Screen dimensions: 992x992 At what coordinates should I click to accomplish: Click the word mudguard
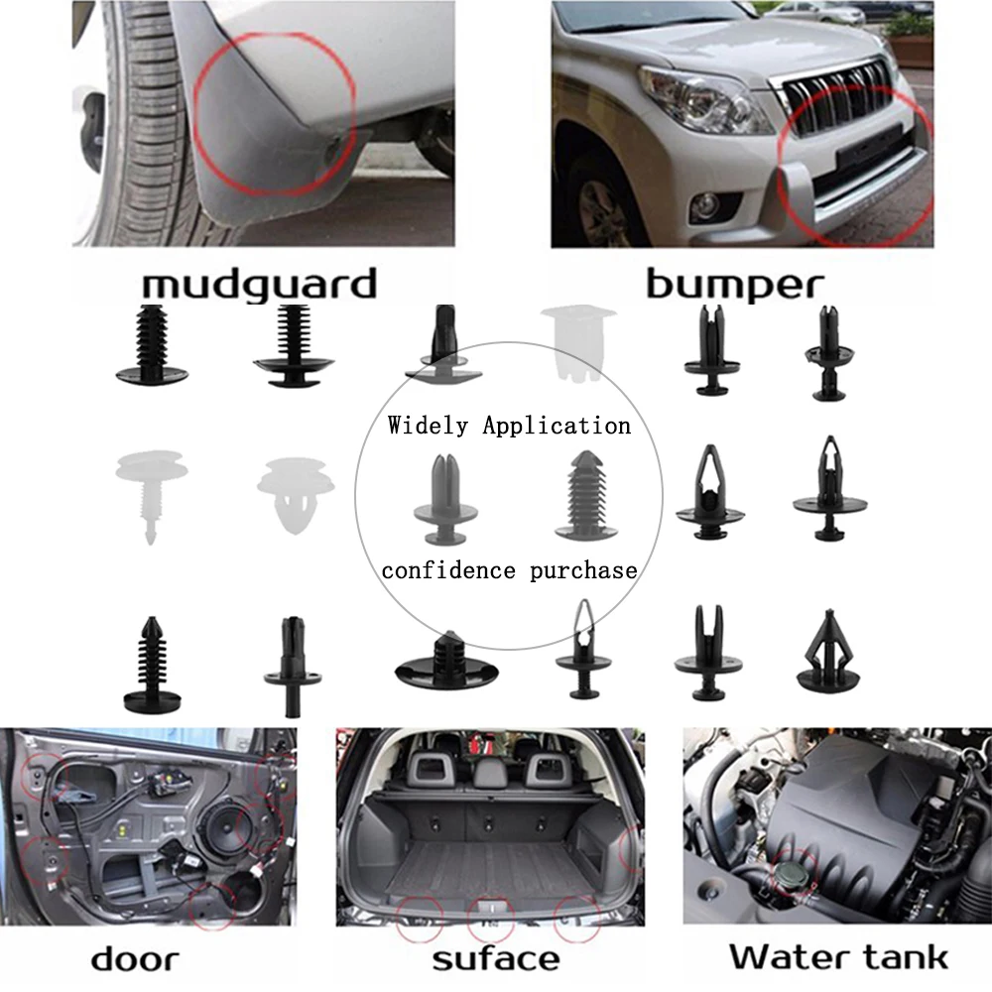click(259, 284)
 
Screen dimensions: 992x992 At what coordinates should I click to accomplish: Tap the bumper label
click(734, 285)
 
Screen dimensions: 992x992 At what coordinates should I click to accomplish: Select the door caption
click(135, 959)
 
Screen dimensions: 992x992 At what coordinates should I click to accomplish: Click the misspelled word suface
click(495, 959)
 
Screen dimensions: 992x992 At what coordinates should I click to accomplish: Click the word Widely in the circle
click(428, 426)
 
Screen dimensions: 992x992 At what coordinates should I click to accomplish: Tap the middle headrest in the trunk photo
click(492, 767)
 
